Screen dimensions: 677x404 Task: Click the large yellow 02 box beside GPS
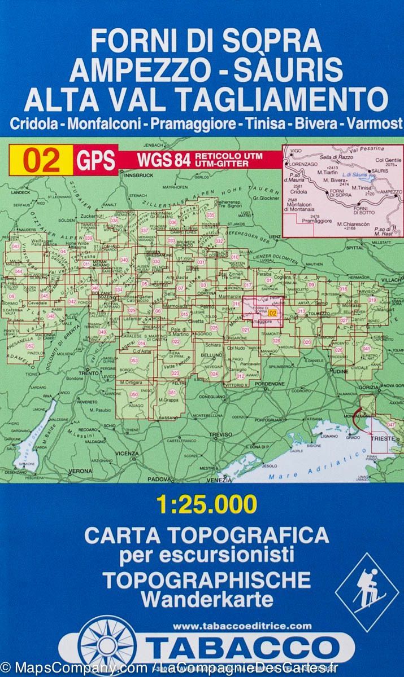(x=41, y=160)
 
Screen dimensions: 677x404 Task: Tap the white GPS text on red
(x=94, y=160)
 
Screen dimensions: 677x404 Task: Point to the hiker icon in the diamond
(x=367, y=592)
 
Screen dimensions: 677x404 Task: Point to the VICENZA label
(x=127, y=453)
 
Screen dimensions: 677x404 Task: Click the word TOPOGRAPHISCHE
(x=207, y=579)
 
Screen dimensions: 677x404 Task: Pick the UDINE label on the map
(x=339, y=373)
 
